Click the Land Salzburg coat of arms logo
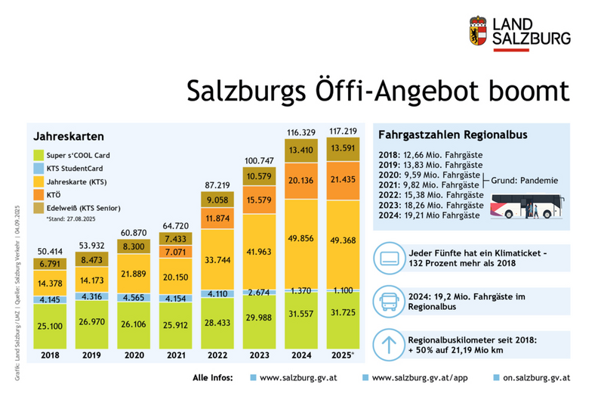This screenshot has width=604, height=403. point(479,31)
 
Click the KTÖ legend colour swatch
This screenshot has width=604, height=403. point(39,194)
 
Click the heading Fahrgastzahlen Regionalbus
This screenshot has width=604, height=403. point(442,135)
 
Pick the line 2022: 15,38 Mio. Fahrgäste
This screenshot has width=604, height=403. point(430,194)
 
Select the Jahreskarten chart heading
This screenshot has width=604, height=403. point(63,136)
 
